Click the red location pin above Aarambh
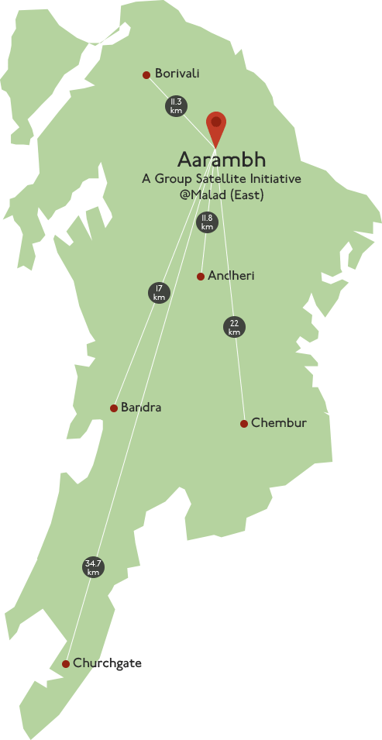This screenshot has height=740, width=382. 216,125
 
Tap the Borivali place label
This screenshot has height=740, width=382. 177,74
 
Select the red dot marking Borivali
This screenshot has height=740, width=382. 146,75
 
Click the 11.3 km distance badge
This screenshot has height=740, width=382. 176,106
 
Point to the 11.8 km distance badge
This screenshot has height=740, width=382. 206,222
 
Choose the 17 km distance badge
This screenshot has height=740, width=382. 159,293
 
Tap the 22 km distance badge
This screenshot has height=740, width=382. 234,328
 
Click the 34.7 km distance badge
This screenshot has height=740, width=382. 94,567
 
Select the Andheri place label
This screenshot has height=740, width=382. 231,276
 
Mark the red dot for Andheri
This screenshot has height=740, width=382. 201,277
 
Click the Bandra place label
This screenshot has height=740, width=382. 141,408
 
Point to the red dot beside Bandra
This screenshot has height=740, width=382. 114,408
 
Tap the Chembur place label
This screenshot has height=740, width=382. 279,423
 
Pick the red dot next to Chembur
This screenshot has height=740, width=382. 244,424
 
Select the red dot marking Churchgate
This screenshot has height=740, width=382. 66,664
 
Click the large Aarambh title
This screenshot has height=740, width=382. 222,160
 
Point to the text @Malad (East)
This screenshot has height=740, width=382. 222,195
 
